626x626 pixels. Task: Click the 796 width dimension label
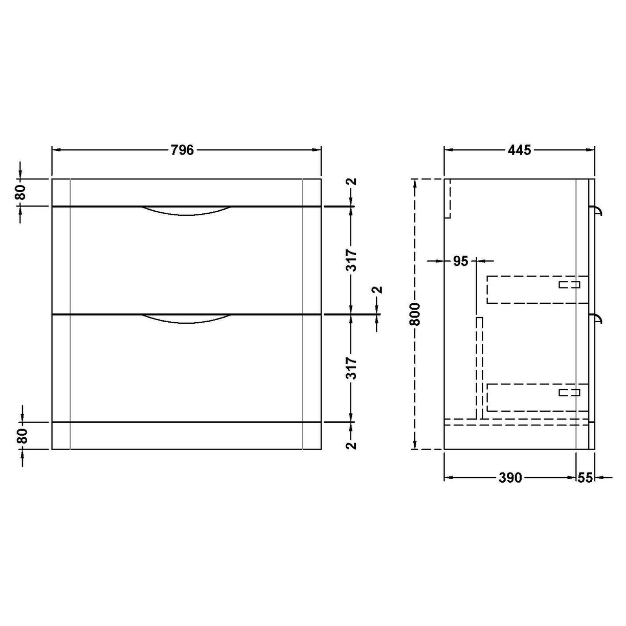pyautogui.click(x=182, y=150)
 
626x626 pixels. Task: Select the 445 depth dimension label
pyautogui.click(x=519, y=150)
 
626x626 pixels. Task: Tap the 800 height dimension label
pyautogui.click(x=415, y=314)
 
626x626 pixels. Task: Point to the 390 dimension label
pyautogui.click(x=510, y=478)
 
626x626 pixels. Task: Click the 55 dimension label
pyautogui.click(x=585, y=478)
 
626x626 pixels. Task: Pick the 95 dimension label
pyautogui.click(x=460, y=261)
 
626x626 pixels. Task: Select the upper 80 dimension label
pyautogui.click(x=20, y=192)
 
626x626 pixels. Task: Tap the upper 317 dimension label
pyautogui.click(x=351, y=260)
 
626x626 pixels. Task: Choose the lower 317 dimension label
pyautogui.click(x=351, y=368)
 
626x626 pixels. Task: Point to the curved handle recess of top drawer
pyautogui.click(x=186, y=211)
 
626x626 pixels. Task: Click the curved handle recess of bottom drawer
pyautogui.click(x=186, y=319)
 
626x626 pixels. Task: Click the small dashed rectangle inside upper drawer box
pyautogui.click(x=569, y=284)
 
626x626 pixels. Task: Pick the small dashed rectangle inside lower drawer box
pyautogui.click(x=569, y=392)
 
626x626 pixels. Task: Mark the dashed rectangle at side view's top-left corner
pyautogui.click(x=448, y=198)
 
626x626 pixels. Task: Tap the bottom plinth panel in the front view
pyautogui.click(x=186, y=436)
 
